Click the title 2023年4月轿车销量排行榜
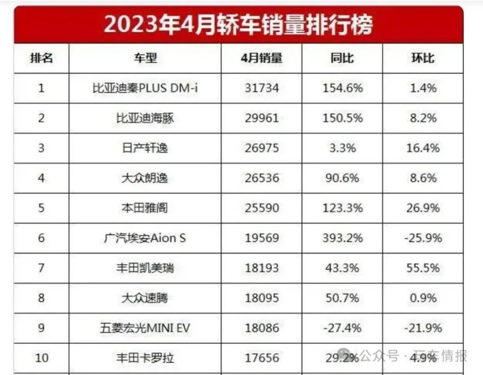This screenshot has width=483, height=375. pyautogui.click(x=238, y=25)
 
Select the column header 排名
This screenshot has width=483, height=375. pyautogui.click(x=41, y=58)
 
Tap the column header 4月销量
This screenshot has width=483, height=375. pyautogui.click(x=261, y=58)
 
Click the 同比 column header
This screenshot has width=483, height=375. pyautogui.click(x=342, y=58)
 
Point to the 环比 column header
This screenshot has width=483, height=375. pyautogui.click(x=423, y=58)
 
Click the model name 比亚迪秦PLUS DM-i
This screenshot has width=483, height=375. pyautogui.click(x=145, y=89)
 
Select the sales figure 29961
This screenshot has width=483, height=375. pyautogui.click(x=261, y=118)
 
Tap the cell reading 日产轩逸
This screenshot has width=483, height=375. pyautogui.click(x=145, y=148)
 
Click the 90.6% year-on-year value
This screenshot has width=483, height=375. pyautogui.click(x=342, y=178)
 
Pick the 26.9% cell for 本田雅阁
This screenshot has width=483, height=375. pyautogui.click(x=423, y=208)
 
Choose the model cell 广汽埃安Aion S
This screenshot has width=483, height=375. pyautogui.click(x=145, y=238)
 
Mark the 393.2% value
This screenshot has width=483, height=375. pyautogui.click(x=342, y=238)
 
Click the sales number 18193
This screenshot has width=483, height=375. pyautogui.click(x=261, y=268)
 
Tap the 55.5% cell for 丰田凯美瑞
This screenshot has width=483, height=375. pyautogui.click(x=423, y=268)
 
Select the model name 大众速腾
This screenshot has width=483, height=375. pyautogui.click(x=145, y=298)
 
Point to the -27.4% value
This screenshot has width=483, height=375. pyautogui.click(x=342, y=328)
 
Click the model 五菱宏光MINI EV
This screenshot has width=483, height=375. pyautogui.click(x=145, y=328)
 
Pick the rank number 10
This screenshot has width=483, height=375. pyautogui.click(x=41, y=358)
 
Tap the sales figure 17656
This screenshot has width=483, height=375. pyautogui.click(x=261, y=358)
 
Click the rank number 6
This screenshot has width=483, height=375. pyautogui.click(x=41, y=238)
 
